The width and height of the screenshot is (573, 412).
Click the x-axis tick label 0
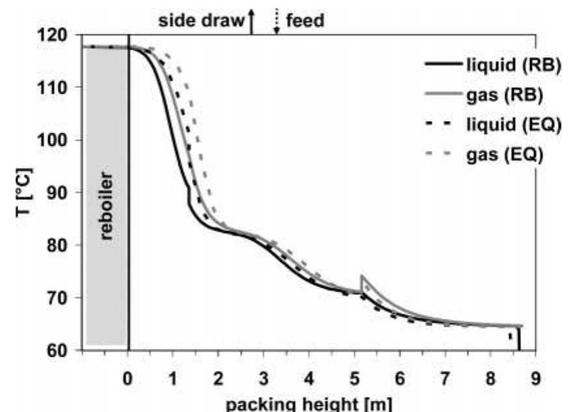tap(128, 377)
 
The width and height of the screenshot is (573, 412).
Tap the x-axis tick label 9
tap(535, 377)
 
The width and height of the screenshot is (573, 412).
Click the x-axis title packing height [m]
tap(310, 403)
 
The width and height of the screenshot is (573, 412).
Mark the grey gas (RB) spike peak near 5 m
tap(361, 276)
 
